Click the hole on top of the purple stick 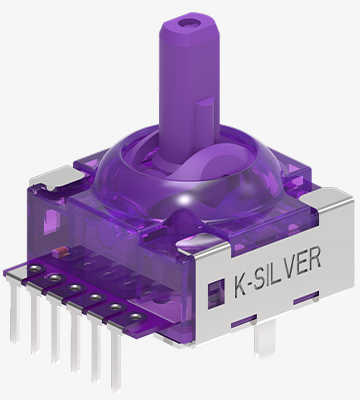click(187, 23)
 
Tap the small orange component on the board click(61, 252)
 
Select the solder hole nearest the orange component click(35, 267)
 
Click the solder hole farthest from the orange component click(135, 316)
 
